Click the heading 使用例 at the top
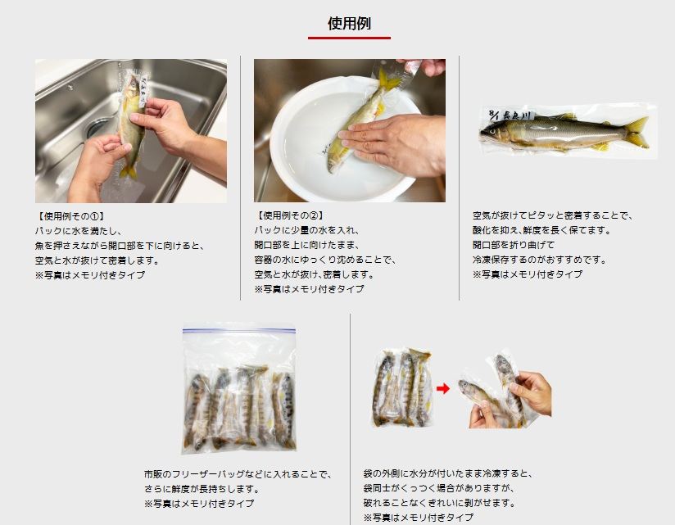(x=349, y=24)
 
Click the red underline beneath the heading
(x=349, y=38)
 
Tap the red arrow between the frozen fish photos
(x=443, y=388)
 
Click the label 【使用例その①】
(x=67, y=216)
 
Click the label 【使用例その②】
(x=286, y=216)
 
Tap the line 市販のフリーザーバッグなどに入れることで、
(x=238, y=474)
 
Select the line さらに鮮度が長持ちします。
(x=201, y=489)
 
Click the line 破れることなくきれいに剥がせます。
(x=440, y=503)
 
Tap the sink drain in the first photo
(x=99, y=128)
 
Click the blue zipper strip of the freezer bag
(x=238, y=331)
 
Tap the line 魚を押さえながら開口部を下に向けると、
(x=119, y=246)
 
